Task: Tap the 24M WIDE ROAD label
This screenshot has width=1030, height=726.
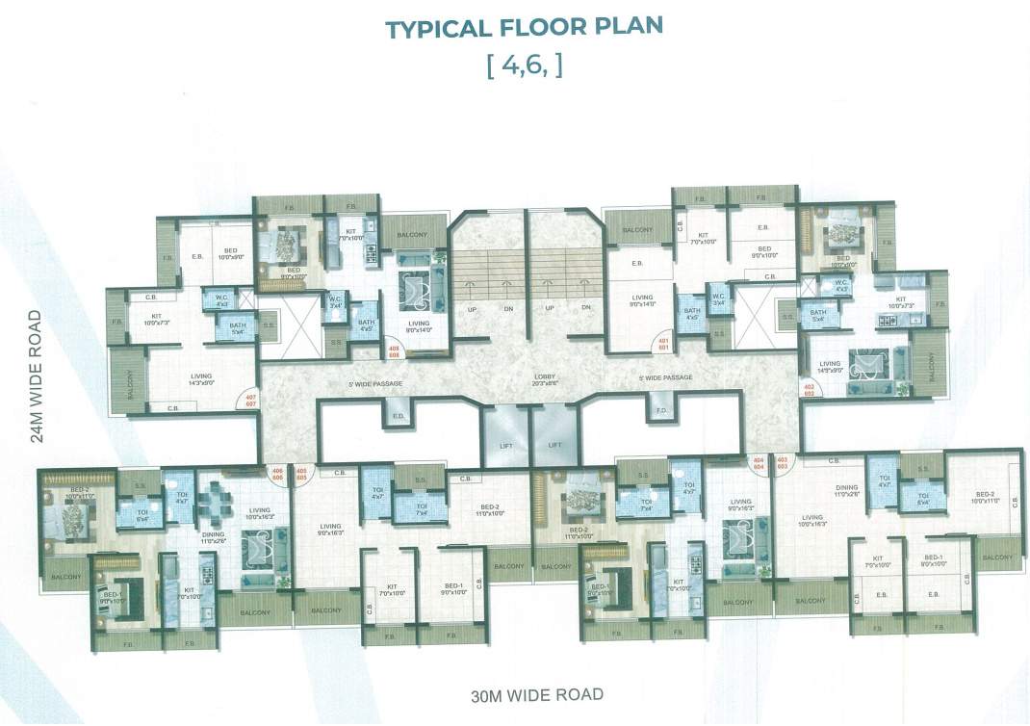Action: click(x=36, y=376)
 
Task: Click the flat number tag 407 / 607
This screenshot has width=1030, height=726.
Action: click(x=251, y=400)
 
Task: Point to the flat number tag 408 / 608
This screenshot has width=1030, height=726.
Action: click(x=393, y=350)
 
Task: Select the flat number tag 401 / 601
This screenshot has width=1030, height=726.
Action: click(x=662, y=344)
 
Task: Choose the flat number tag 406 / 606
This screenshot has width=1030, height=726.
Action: click(x=276, y=473)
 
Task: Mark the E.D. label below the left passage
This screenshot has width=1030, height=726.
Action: click(x=397, y=416)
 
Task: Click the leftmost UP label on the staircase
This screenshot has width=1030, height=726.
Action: click(x=471, y=307)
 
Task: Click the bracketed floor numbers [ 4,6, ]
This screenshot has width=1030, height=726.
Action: click(x=525, y=67)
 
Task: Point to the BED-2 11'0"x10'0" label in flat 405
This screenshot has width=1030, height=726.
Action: click(x=489, y=510)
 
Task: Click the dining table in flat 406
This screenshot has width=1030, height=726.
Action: click(x=219, y=502)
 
